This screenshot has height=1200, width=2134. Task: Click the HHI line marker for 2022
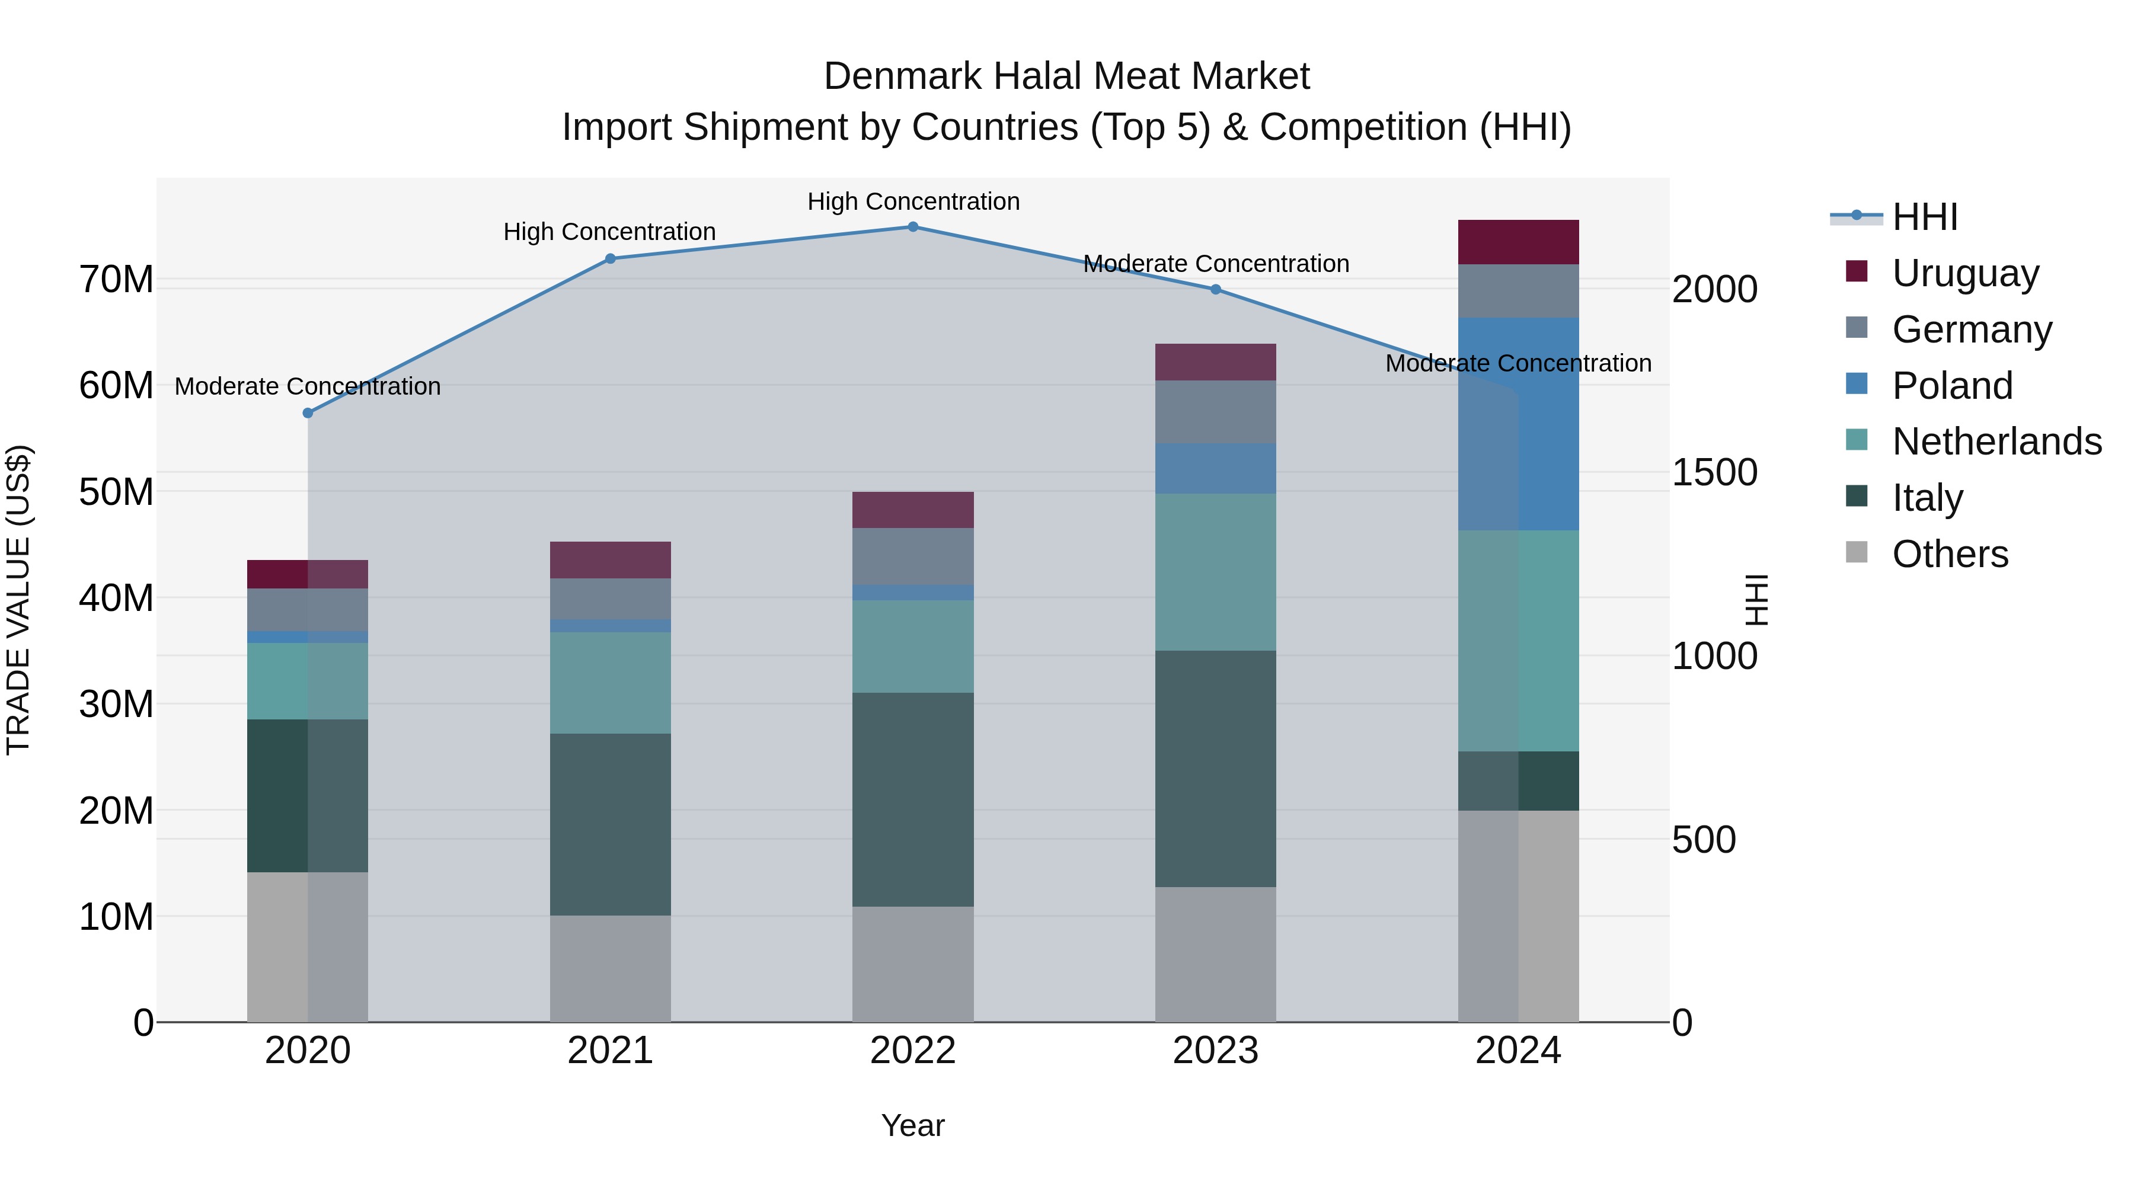913,227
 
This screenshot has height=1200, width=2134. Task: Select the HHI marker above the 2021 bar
611,259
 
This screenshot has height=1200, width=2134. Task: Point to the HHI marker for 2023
1215,290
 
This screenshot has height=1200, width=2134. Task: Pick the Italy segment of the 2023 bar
1215,769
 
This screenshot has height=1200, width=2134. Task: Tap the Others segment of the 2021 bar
611,968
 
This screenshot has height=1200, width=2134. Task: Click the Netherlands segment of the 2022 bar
913,647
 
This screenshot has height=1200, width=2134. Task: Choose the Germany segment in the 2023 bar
1215,412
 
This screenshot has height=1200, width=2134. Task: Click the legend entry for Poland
1952,386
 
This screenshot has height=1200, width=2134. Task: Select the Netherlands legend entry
1996,441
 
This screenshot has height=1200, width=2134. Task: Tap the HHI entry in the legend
1924,217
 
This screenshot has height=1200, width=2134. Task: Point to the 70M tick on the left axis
116,280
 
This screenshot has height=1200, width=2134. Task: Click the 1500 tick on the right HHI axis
1714,473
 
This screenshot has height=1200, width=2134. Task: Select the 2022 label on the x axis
913,1051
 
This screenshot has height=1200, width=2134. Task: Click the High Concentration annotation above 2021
610,232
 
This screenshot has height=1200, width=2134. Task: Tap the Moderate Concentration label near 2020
307,387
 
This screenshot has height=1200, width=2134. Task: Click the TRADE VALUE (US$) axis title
18,600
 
